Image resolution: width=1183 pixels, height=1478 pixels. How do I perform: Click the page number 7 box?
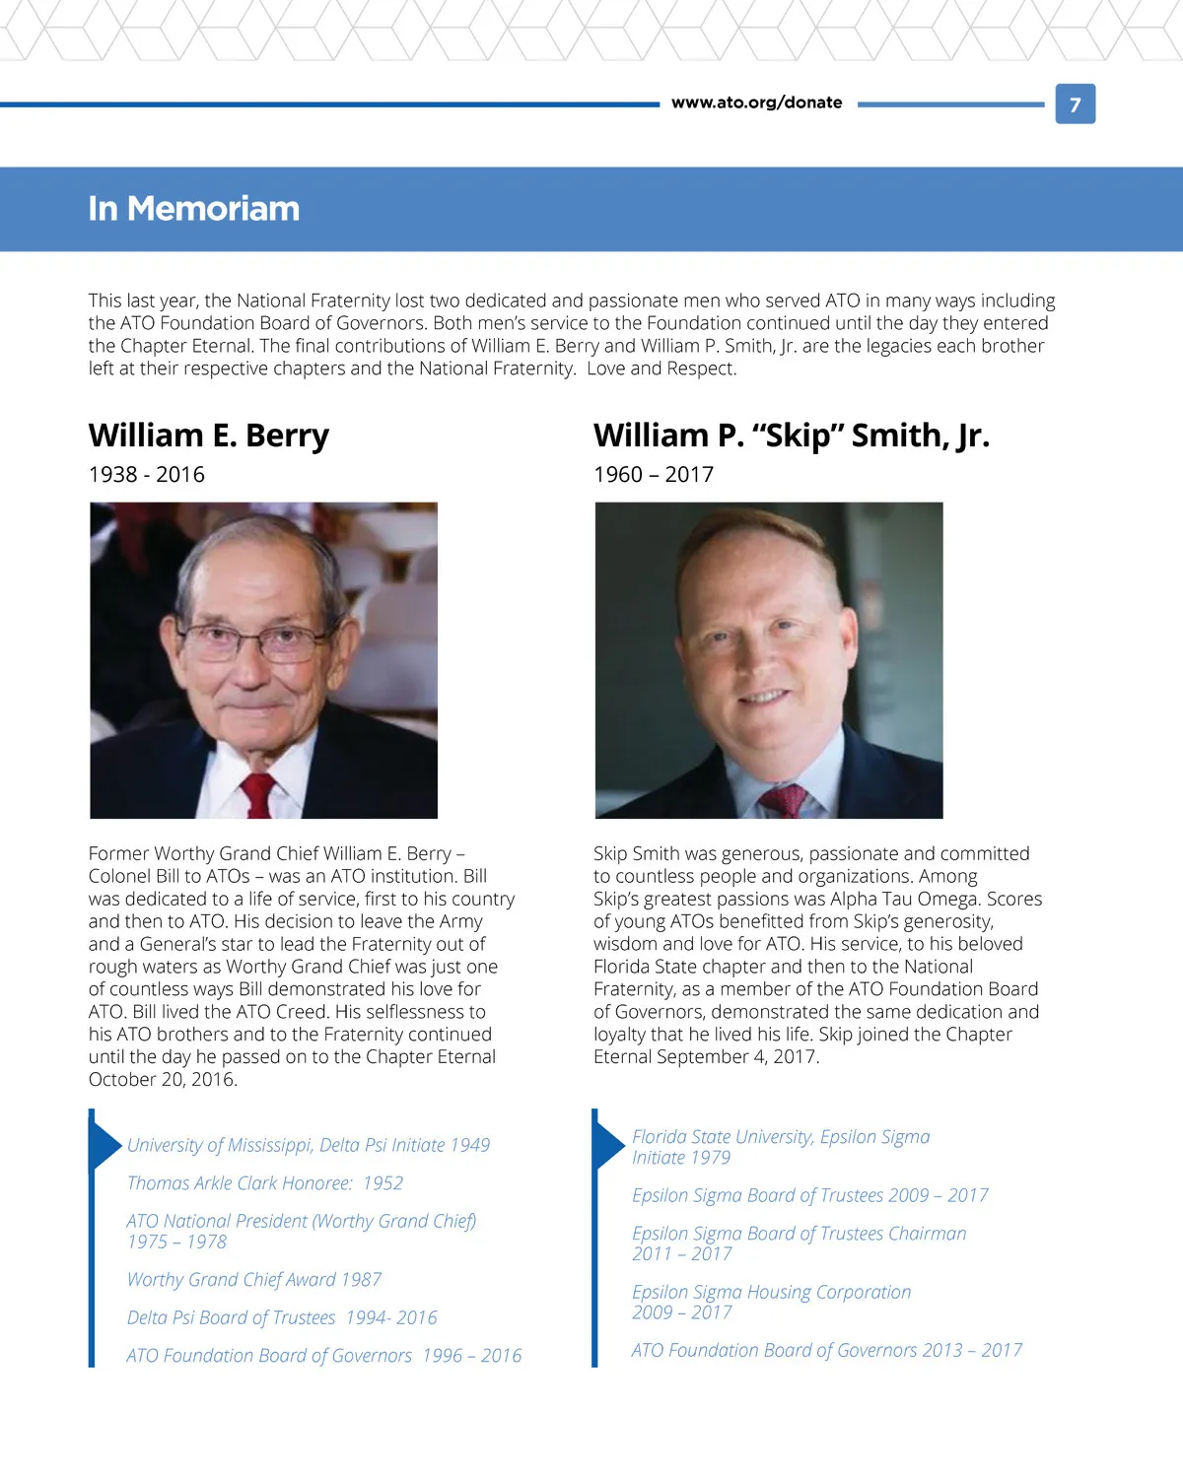click(x=1075, y=104)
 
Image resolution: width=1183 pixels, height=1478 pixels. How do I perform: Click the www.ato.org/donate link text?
click(x=756, y=102)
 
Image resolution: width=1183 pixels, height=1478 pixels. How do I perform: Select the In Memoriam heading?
click(x=193, y=209)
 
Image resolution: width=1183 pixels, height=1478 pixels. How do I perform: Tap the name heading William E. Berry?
click(x=209, y=436)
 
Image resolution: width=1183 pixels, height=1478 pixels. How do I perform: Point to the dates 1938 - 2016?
click(x=147, y=475)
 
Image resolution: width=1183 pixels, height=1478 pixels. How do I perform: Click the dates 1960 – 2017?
click(x=654, y=475)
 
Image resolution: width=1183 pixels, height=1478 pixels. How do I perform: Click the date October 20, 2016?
click(x=163, y=1080)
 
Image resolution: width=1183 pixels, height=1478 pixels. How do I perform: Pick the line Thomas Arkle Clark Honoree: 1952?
click(x=265, y=1183)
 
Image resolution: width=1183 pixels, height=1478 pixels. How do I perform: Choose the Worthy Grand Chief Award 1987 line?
click(x=254, y=1280)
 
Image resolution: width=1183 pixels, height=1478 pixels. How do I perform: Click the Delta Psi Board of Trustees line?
click(x=282, y=1318)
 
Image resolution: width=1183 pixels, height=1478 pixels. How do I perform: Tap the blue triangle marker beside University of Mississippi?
click(x=104, y=1145)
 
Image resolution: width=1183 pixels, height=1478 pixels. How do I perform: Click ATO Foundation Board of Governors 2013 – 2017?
click(x=827, y=1351)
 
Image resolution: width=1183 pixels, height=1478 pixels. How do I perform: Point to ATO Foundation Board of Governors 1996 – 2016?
click(x=324, y=1357)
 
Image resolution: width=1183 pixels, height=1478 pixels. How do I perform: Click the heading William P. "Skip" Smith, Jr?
click(x=791, y=436)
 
